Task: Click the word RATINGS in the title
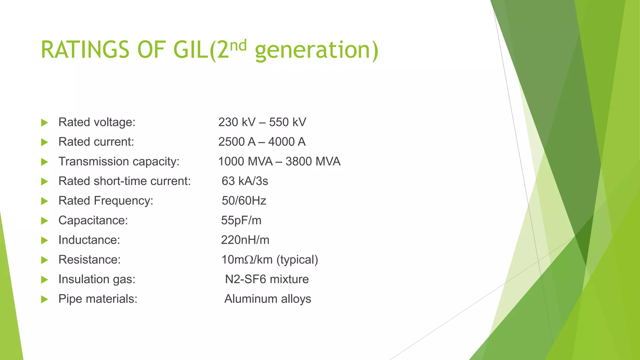85,50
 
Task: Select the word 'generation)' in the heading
317,51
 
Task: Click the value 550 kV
287,122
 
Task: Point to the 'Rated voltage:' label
97,122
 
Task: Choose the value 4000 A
287,142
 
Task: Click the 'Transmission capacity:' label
119,162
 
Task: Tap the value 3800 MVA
313,162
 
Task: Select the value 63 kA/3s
245,181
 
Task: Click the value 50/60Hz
244,201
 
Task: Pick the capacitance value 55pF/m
241,220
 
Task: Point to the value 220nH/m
245,240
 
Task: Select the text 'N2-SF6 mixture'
267,279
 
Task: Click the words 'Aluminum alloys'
267,299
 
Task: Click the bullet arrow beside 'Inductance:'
45,240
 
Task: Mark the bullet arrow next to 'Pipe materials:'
45,299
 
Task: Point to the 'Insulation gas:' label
97,279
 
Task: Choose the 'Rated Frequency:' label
106,201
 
